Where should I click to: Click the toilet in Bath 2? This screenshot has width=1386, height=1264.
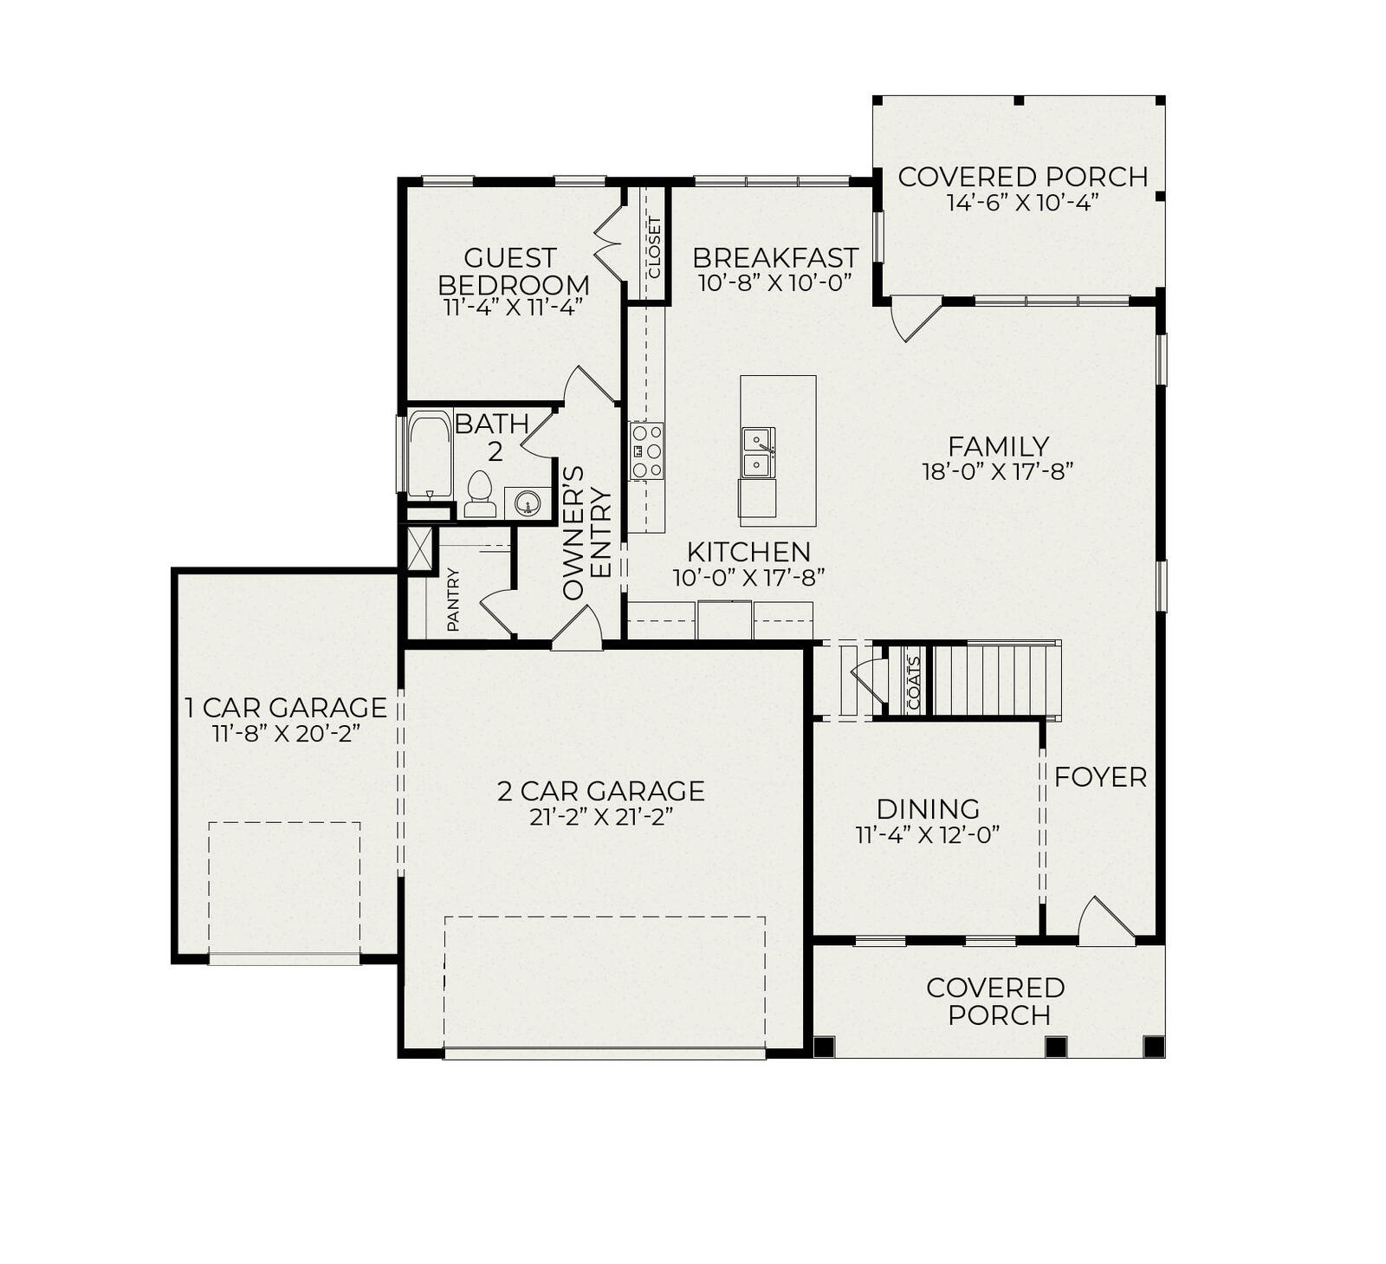pyautogui.click(x=479, y=494)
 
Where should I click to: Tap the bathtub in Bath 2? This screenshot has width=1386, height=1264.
pyautogui.click(x=430, y=455)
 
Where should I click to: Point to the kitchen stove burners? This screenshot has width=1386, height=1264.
pyautogui.click(x=646, y=451)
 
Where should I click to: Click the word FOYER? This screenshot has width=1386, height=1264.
pyautogui.click(x=1100, y=777)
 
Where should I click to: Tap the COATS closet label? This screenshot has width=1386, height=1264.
pyautogui.click(x=913, y=683)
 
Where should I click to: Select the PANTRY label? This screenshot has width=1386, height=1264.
pyautogui.click(x=453, y=600)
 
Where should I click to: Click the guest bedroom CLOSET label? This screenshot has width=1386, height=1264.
pyautogui.click(x=653, y=247)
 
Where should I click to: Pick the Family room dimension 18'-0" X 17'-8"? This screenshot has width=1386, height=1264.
pyautogui.click(x=998, y=471)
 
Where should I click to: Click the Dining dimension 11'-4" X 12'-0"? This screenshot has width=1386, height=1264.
pyautogui.click(x=927, y=834)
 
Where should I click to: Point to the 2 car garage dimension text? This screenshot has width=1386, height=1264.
pyautogui.click(x=601, y=817)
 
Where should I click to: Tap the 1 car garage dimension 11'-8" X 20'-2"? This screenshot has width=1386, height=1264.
pyautogui.click(x=286, y=733)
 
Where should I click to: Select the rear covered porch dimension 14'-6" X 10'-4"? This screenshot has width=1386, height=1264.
pyautogui.click(x=1022, y=202)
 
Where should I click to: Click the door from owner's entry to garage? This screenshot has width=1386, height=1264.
pyautogui.click(x=576, y=627)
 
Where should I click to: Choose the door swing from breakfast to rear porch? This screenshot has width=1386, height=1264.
pyautogui.click(x=916, y=318)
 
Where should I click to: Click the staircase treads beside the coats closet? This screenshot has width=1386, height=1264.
pyautogui.click(x=996, y=680)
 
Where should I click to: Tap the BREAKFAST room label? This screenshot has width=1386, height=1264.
pyautogui.click(x=775, y=257)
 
